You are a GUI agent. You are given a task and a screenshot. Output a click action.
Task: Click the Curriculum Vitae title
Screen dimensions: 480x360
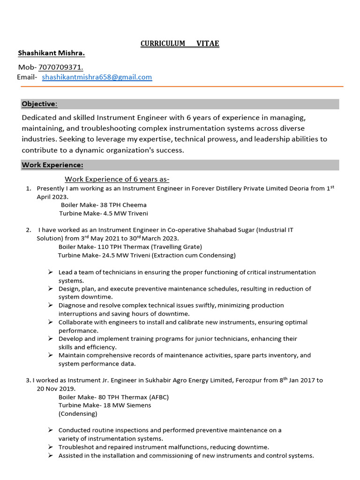point(180,44)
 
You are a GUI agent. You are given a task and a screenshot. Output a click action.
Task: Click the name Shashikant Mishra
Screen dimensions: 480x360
point(52,53)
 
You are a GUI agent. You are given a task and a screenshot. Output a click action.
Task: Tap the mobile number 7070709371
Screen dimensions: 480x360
point(60,67)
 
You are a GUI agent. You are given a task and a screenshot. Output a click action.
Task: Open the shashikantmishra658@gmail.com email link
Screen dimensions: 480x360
point(97,77)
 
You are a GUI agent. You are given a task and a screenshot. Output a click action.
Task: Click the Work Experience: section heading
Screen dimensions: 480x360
point(52,165)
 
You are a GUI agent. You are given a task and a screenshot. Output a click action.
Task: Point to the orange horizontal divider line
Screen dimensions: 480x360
point(180,86)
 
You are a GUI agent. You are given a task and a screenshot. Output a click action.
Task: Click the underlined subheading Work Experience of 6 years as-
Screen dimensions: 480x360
point(117,179)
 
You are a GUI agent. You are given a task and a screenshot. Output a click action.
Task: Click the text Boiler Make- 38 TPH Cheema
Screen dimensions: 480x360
point(104,205)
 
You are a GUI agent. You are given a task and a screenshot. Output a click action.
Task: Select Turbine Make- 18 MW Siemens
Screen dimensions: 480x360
point(105,405)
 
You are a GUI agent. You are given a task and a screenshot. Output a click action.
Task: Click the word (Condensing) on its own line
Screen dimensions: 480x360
point(78,414)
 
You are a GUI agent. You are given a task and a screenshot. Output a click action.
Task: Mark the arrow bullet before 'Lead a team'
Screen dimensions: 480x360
point(50,272)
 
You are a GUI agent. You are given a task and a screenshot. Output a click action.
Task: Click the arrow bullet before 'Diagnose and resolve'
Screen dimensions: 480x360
point(50,305)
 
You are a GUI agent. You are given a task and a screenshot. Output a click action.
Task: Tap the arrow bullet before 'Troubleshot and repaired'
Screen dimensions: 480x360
point(50,447)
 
